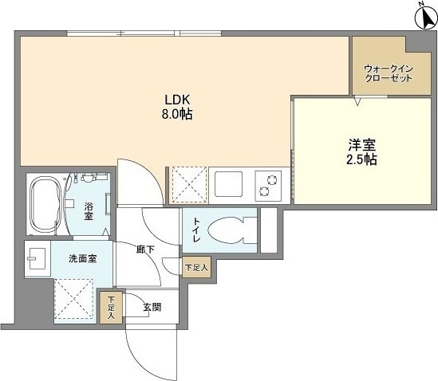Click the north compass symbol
[x=426, y=18]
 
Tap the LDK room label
[x=177, y=99]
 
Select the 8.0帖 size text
[x=177, y=114]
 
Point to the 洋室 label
[x=361, y=144]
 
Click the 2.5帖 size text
[x=361, y=159]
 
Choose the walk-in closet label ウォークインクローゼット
[x=389, y=73]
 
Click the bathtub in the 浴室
[x=46, y=204]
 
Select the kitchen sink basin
[x=228, y=184]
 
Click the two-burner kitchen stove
[x=268, y=186]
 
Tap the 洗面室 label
[x=83, y=259]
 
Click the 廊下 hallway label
[x=145, y=249]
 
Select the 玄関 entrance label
[x=152, y=308]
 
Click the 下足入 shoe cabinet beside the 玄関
[x=111, y=308]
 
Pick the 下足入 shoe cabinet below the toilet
[x=196, y=267]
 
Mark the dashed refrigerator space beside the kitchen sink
[x=189, y=185]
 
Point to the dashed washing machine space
[x=74, y=298]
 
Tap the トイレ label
[x=196, y=230]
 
